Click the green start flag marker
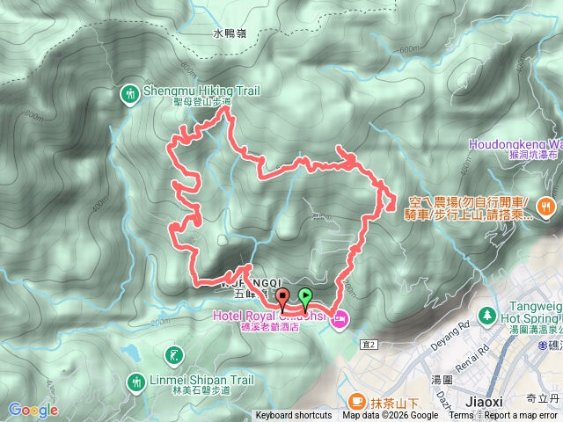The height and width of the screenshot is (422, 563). [x=305, y=296]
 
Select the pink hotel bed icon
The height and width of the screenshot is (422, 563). [x=339, y=322]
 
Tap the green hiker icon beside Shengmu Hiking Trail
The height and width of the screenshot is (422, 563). [x=128, y=93]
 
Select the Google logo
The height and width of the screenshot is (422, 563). [x=33, y=410]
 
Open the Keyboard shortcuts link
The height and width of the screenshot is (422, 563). [x=294, y=416]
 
